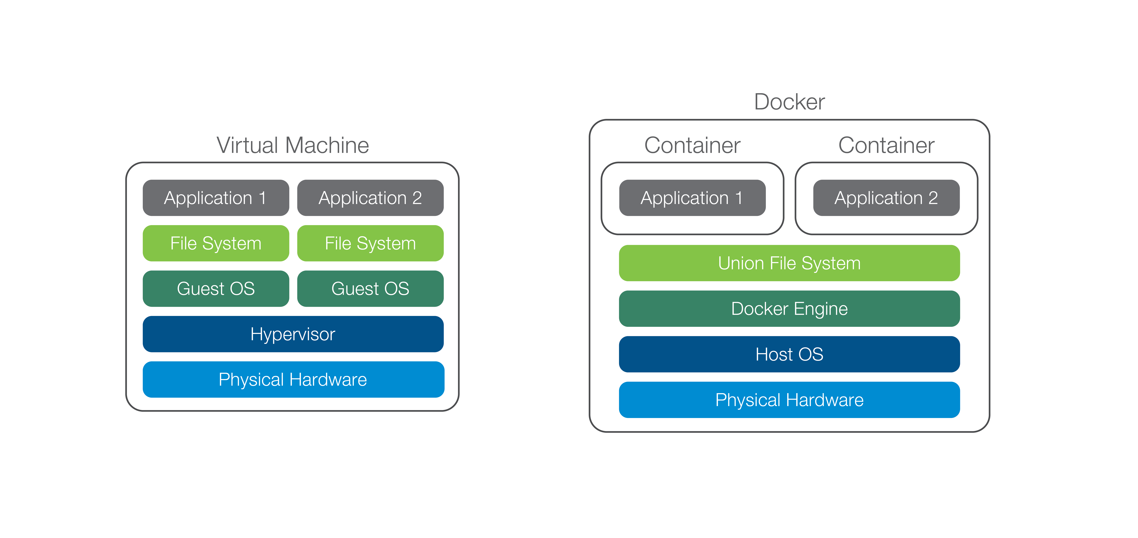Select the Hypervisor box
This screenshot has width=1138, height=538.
pyautogui.click(x=293, y=334)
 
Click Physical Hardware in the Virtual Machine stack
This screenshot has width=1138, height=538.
pyautogui.click(x=293, y=379)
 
